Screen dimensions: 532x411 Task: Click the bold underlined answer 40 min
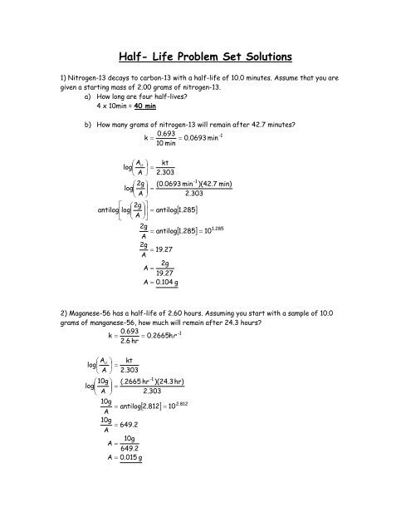[136, 106]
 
